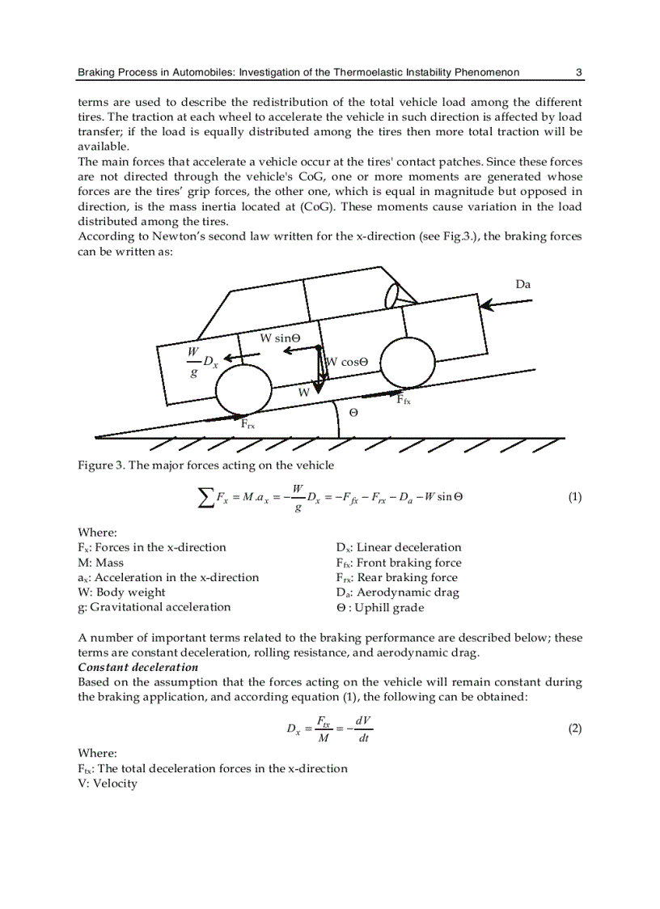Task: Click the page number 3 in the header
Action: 578,73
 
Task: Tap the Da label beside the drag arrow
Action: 523,284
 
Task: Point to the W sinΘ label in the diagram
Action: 281,338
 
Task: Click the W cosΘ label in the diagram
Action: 347,363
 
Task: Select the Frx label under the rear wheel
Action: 248,422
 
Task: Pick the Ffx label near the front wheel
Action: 403,399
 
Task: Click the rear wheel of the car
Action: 243,390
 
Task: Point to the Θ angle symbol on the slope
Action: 353,413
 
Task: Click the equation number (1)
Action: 574,497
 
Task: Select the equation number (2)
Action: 574,728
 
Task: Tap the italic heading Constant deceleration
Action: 137,667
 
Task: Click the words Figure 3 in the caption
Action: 99,465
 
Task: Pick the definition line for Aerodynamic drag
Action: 397,593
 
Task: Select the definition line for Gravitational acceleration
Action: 154,607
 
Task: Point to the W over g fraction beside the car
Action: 193,362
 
